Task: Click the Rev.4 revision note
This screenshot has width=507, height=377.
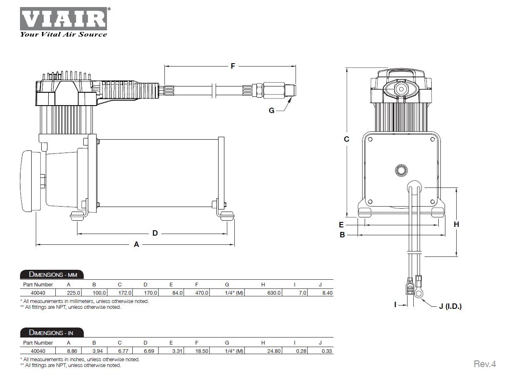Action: (x=485, y=364)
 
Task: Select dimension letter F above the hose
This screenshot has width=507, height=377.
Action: (x=233, y=66)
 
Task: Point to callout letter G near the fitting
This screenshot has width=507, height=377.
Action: (x=271, y=111)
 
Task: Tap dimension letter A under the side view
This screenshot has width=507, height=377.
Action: (x=136, y=245)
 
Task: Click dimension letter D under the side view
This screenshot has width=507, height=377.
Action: (x=155, y=233)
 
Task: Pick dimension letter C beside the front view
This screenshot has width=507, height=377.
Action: (x=346, y=139)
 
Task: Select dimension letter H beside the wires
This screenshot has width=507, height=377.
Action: (x=456, y=224)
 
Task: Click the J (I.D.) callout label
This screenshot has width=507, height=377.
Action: (x=450, y=306)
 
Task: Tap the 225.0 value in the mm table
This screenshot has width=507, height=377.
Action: (x=74, y=293)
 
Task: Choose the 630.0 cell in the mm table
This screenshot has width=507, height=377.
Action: (x=275, y=293)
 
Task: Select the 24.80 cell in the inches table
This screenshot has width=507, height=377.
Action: (x=275, y=351)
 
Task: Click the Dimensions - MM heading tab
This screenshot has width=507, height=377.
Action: (x=52, y=275)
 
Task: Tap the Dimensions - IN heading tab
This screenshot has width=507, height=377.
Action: (x=52, y=333)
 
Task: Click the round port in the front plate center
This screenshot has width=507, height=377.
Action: (x=401, y=170)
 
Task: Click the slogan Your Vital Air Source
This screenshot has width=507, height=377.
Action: (x=63, y=34)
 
